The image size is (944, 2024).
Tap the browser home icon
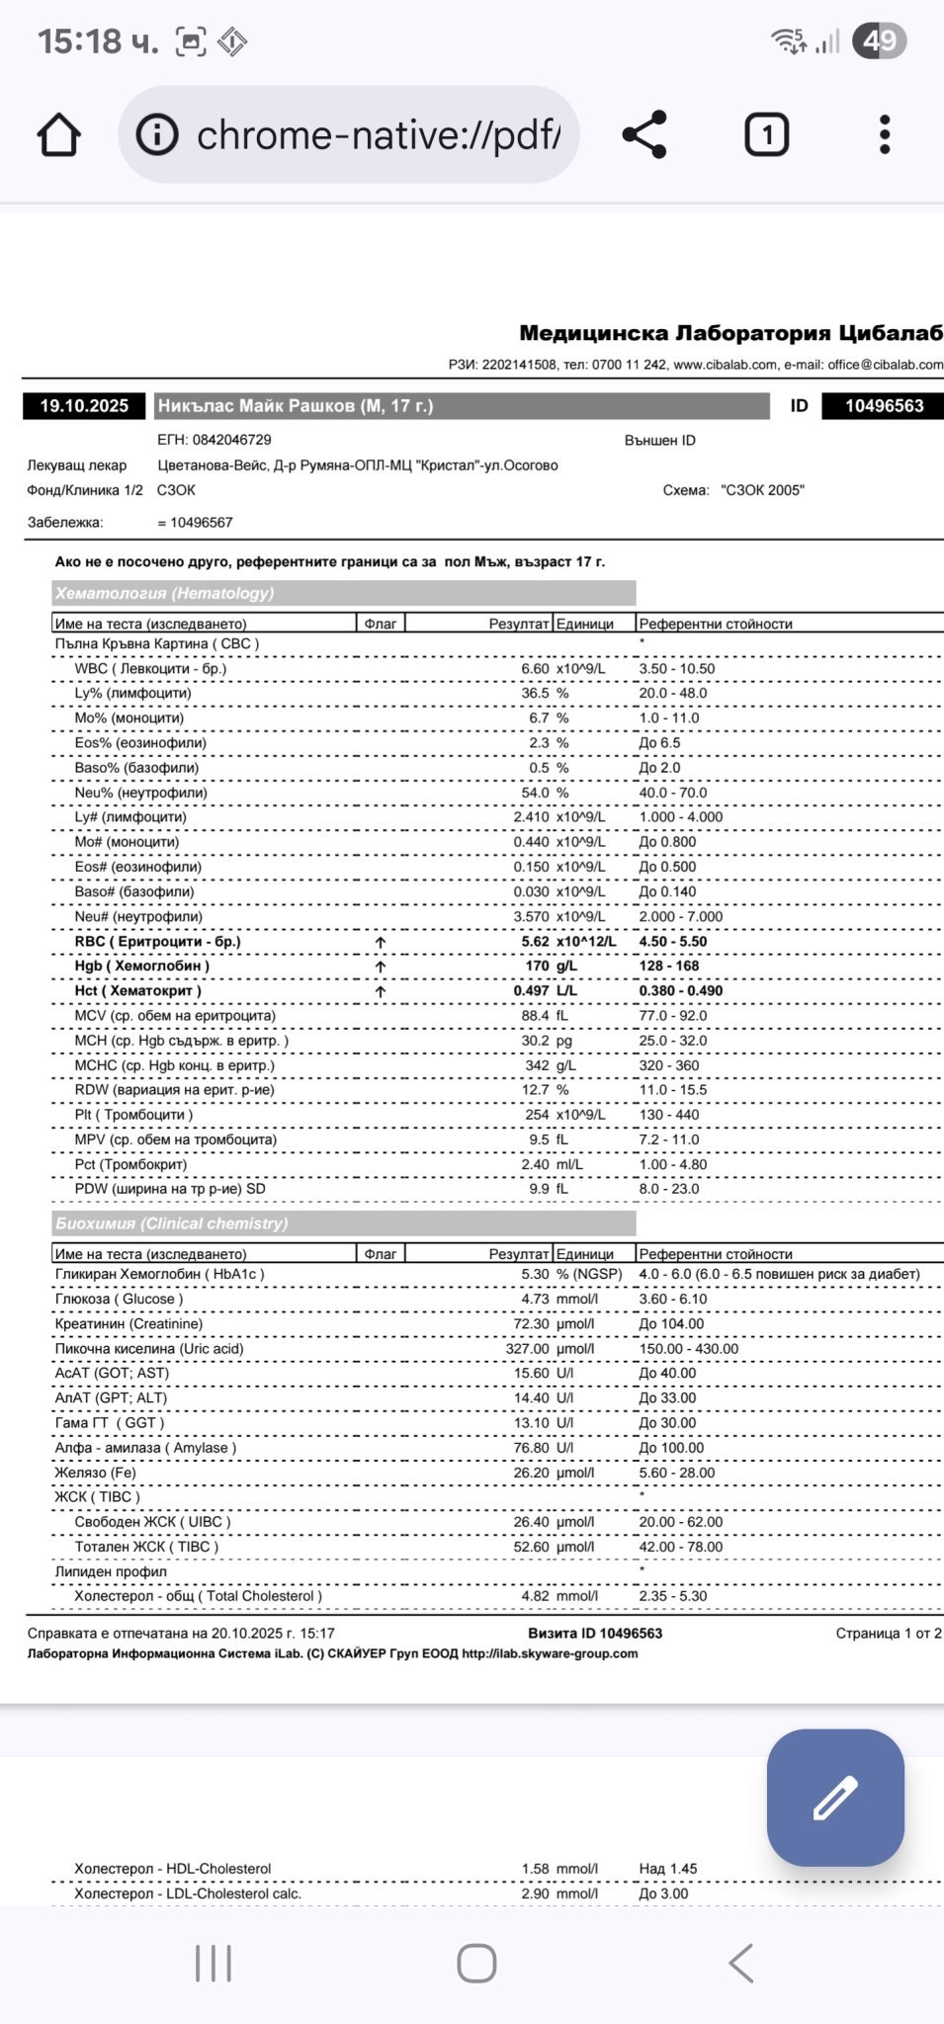click(x=58, y=134)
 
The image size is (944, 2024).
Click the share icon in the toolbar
click(x=644, y=134)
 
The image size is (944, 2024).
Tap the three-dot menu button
click(x=885, y=134)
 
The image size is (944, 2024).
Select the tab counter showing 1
click(x=766, y=134)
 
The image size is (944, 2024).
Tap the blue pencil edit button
click(x=835, y=1798)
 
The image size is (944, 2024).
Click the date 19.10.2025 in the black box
click(x=84, y=406)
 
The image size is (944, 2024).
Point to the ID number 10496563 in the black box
click(x=884, y=406)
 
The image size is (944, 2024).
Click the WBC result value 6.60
click(x=535, y=669)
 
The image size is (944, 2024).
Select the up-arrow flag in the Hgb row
click(x=381, y=967)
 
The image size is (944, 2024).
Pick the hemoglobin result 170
click(x=537, y=966)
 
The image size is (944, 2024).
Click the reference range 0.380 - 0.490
click(x=680, y=990)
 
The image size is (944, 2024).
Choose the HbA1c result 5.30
click(x=535, y=1274)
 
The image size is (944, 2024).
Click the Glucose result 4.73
click(x=535, y=1299)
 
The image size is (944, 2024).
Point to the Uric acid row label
click(x=149, y=1348)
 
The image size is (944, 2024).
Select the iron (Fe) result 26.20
click(x=531, y=1473)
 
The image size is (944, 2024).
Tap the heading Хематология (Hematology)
click(x=165, y=593)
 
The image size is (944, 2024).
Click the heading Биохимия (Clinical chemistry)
click(x=172, y=1223)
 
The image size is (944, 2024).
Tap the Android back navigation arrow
click(x=741, y=1963)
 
